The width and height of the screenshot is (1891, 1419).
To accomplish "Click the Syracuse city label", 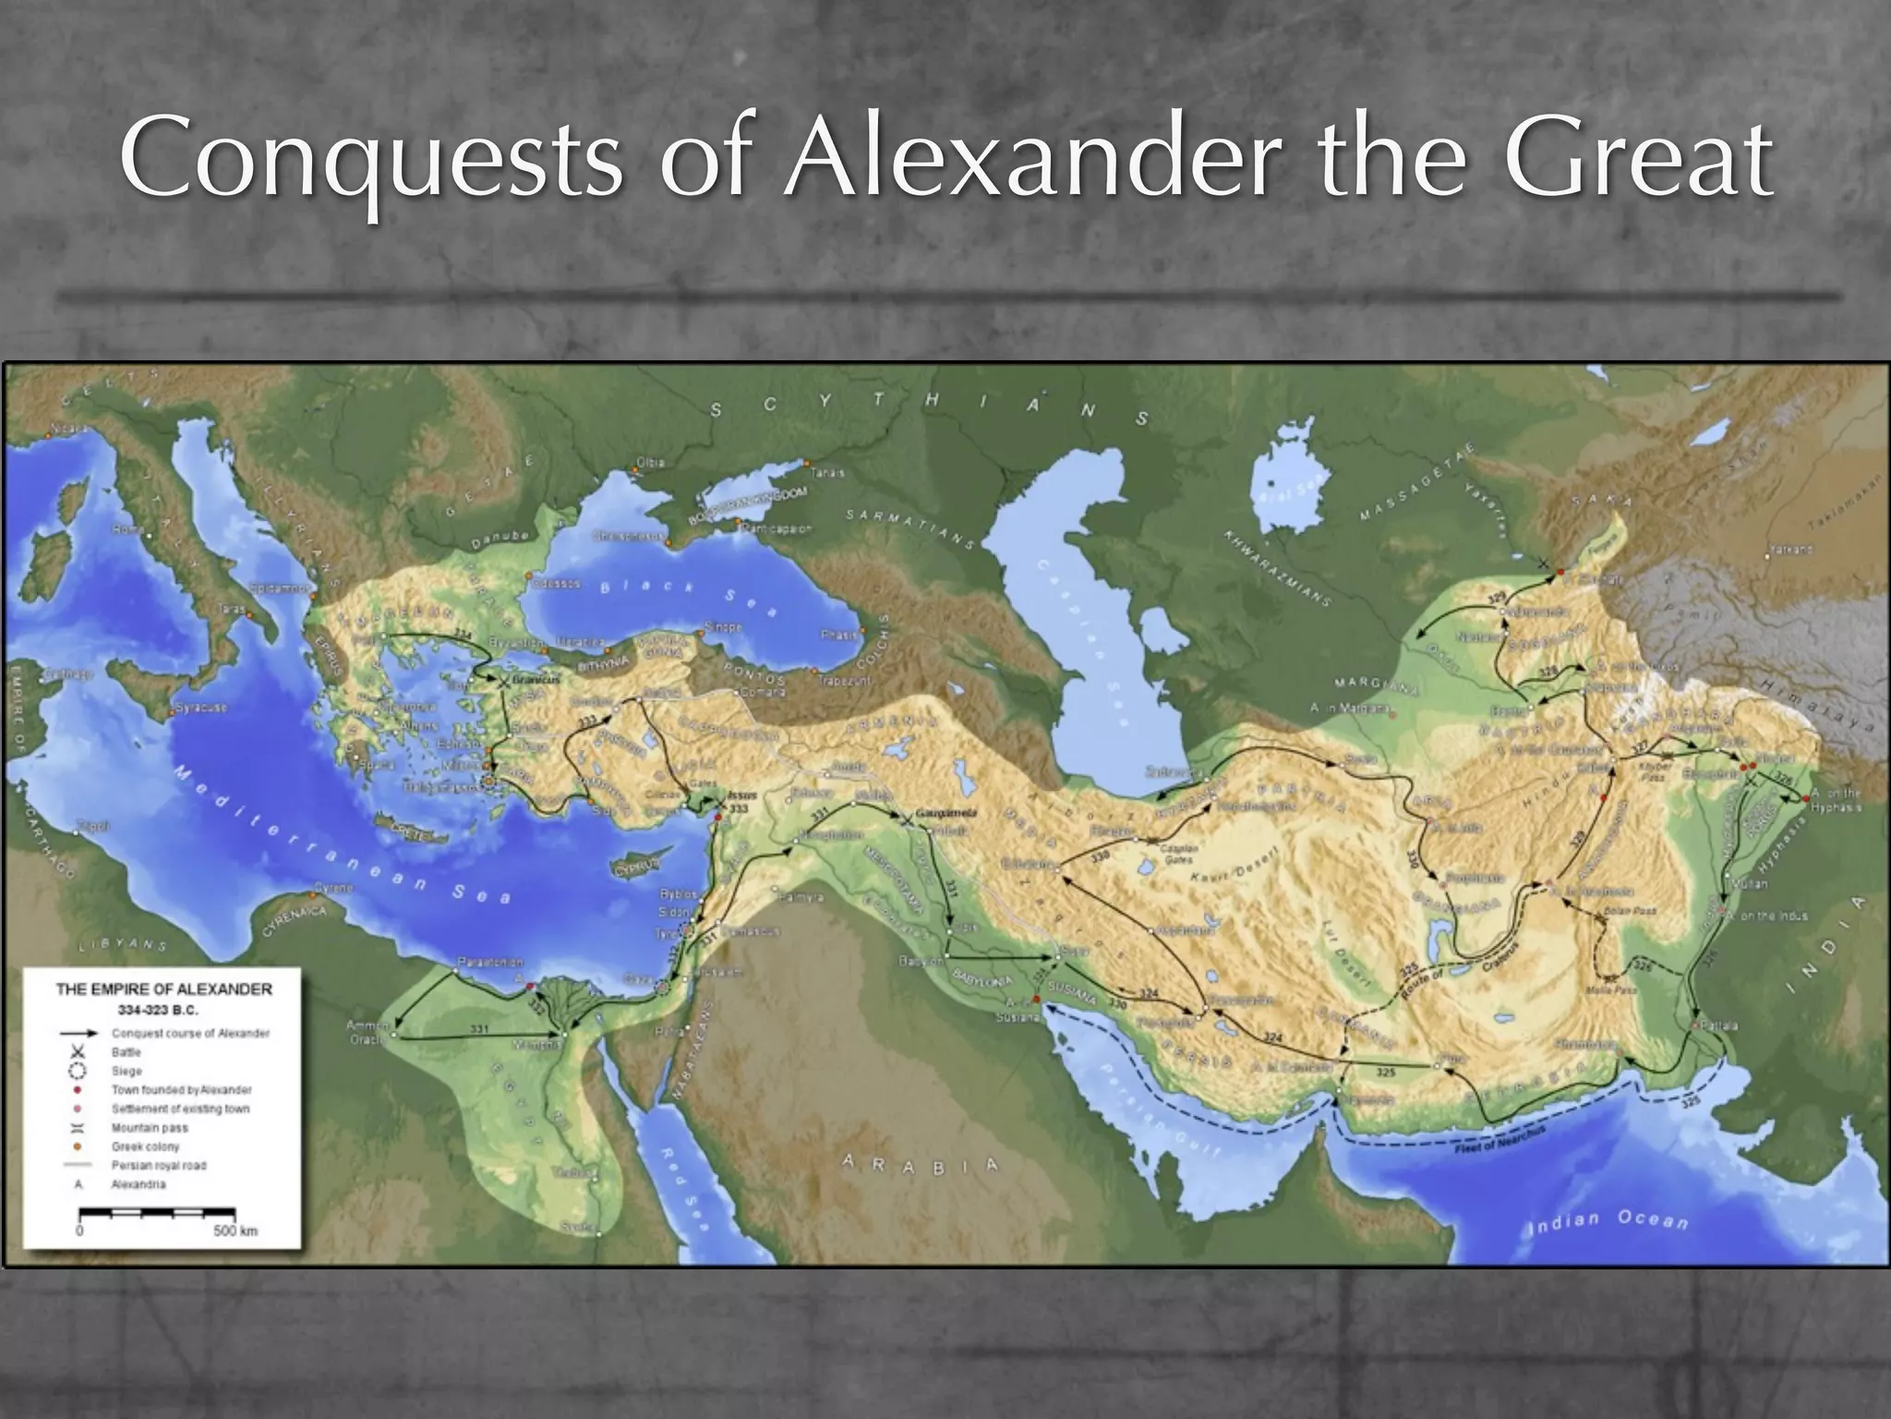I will [x=200, y=709].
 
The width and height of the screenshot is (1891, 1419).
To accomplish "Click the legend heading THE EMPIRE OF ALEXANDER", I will [x=163, y=988].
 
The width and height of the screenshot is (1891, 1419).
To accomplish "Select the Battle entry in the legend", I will [x=126, y=1052].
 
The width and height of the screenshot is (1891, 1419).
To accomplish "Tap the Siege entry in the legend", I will [x=126, y=1071].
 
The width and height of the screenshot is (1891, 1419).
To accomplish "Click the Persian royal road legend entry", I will [x=159, y=1165].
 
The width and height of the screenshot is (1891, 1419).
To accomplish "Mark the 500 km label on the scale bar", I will [x=235, y=1231].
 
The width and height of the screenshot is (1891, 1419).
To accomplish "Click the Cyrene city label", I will [x=333, y=888].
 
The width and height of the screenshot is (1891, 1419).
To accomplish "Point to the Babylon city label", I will [x=921, y=962].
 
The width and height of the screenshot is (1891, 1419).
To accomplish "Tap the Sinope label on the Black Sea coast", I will [x=723, y=626].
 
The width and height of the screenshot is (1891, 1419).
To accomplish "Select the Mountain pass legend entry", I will [x=150, y=1128].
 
